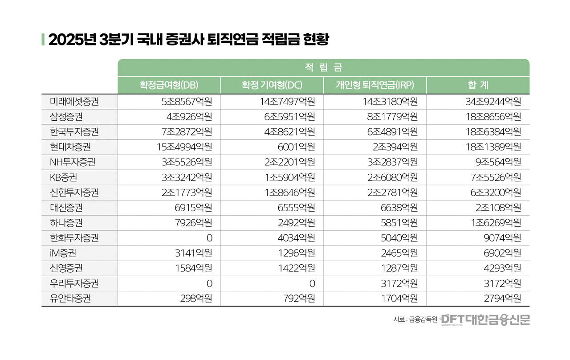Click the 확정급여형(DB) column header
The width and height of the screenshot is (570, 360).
169,85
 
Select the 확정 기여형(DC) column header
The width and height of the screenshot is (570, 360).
272,85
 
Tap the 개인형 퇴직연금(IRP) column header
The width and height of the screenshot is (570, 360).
375,85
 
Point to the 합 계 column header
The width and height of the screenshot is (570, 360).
478,85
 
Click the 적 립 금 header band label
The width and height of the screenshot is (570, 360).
323,68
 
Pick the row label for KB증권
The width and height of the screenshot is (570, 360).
63,177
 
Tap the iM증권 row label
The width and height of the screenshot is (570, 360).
63,253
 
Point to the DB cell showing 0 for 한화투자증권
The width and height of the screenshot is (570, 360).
209,238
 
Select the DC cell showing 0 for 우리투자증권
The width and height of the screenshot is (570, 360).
312,283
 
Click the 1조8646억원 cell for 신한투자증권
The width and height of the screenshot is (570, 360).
290,192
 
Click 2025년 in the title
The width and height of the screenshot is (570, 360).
71,40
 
